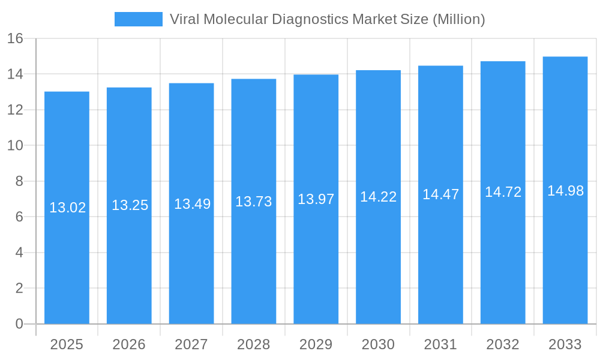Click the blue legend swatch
click(139, 19)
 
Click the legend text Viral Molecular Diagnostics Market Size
click(327, 19)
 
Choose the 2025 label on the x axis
click(67, 344)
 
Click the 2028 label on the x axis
click(253, 344)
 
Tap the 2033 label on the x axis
click(565, 344)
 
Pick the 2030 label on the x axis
click(378, 344)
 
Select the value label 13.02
click(67, 208)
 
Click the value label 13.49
click(192, 204)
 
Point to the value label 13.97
click(316, 199)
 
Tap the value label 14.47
click(440, 194)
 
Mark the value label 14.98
click(565, 191)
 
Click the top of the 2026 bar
click(129, 88)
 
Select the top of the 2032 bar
click(503, 62)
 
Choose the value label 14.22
click(378, 197)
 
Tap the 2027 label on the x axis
click(191, 344)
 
